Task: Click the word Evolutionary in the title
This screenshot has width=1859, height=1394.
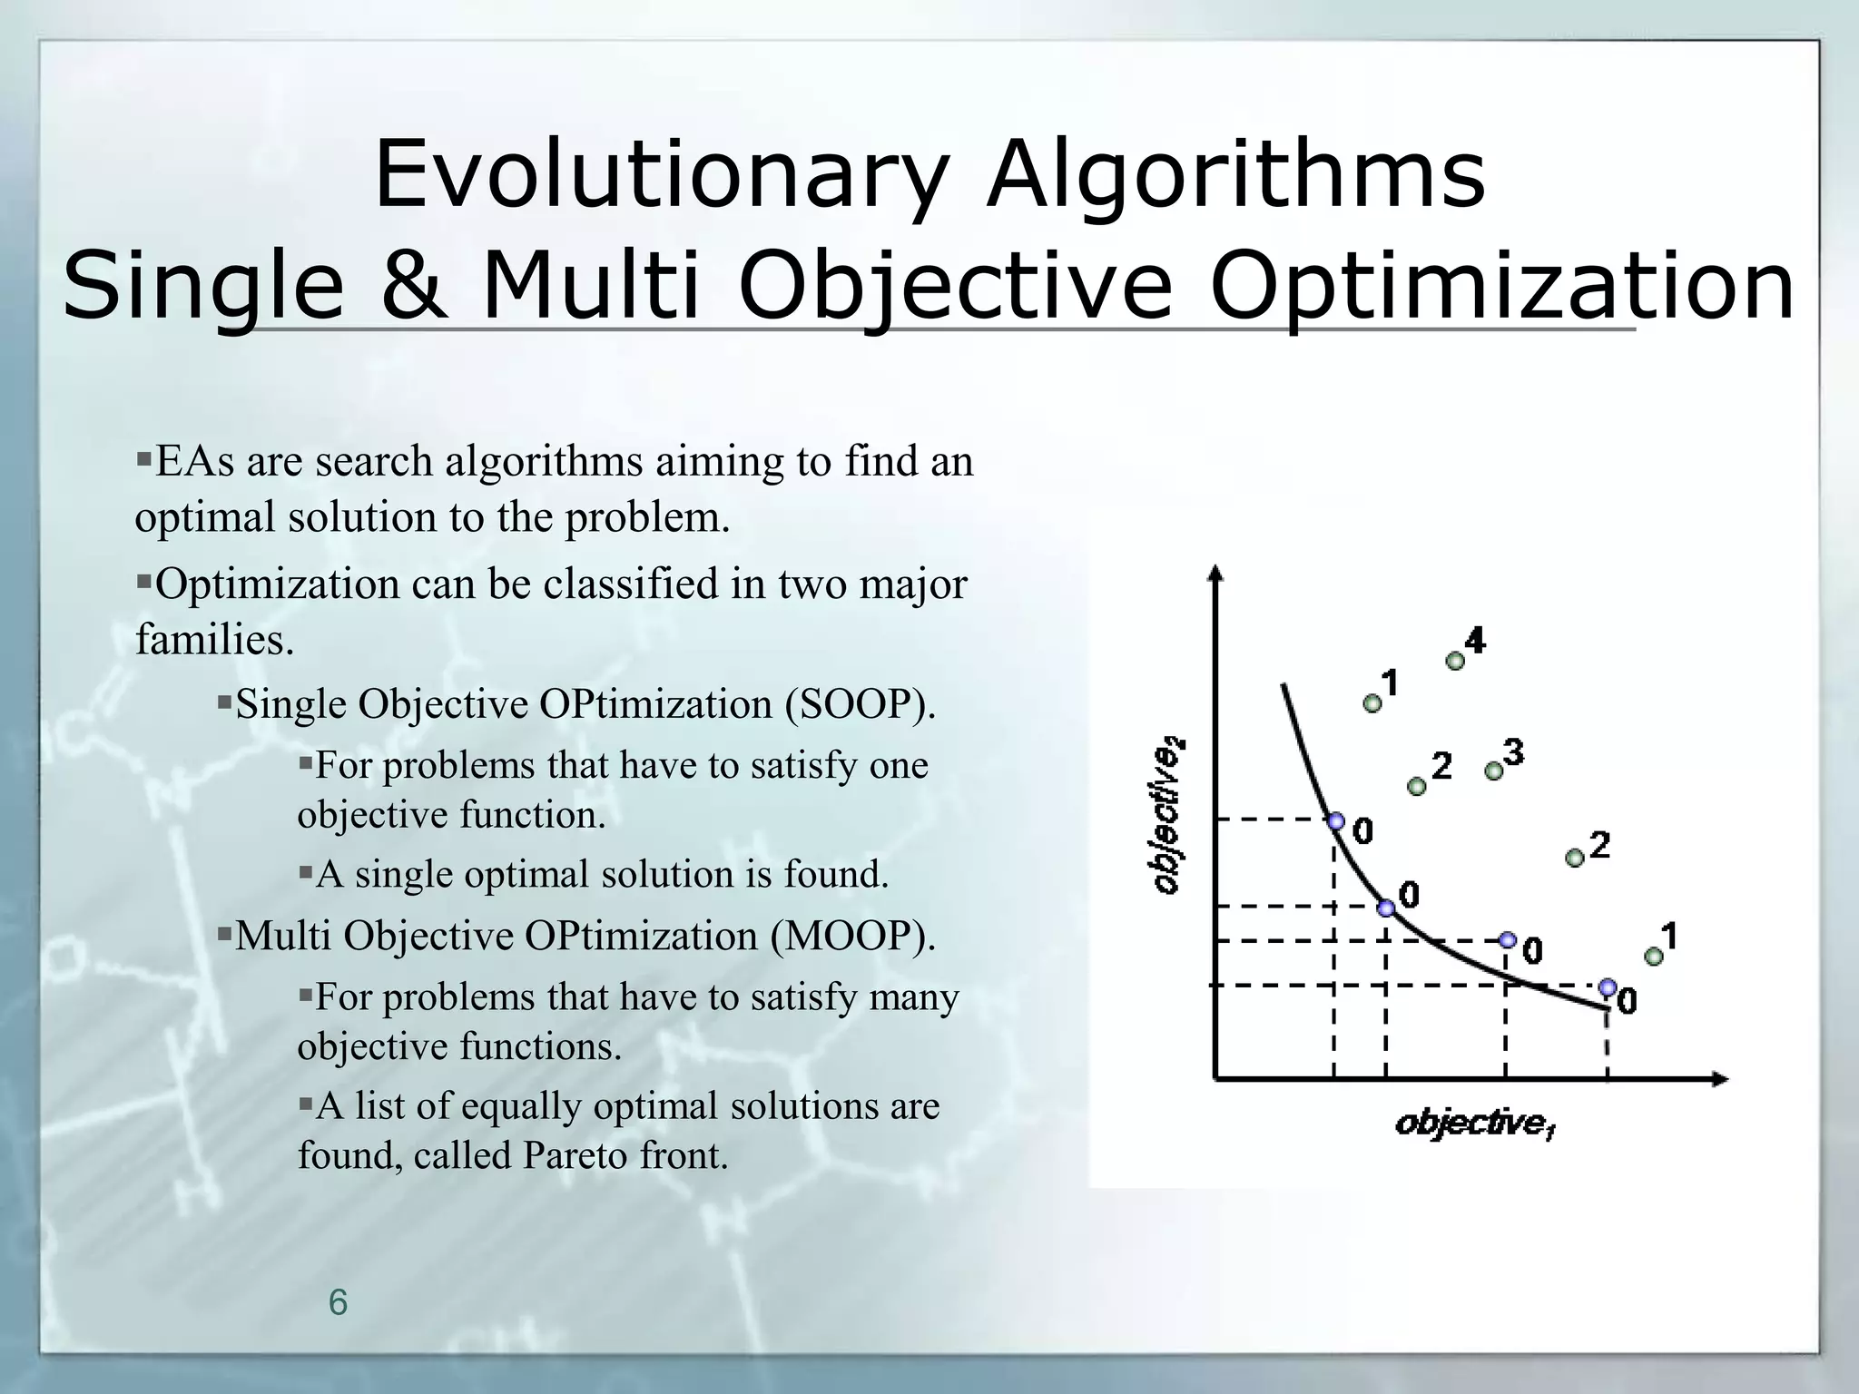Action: [x=661, y=174]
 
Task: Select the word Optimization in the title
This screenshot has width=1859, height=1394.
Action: [x=1502, y=285]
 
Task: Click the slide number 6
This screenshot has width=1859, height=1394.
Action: [x=338, y=1302]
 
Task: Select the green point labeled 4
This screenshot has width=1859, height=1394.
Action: [x=1455, y=661]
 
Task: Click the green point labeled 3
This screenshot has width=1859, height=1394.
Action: [x=1493, y=771]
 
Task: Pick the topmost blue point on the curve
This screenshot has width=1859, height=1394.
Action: [x=1336, y=821]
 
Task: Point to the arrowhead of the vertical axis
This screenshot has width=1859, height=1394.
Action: [x=1217, y=573]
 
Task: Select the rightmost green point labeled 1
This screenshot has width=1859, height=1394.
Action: [x=1654, y=956]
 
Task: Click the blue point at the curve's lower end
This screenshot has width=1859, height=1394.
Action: [x=1608, y=987]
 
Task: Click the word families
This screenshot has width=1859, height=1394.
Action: [x=214, y=640]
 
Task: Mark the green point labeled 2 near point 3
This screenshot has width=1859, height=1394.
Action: [x=1416, y=786]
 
